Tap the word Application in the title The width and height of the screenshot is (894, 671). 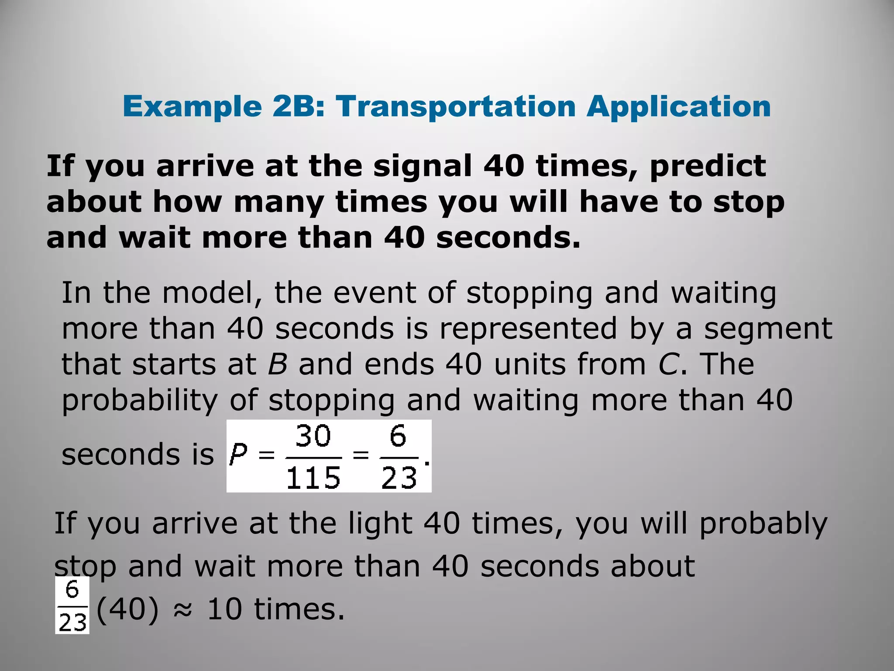678,107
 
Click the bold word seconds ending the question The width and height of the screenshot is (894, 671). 508,238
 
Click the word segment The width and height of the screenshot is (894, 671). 768,329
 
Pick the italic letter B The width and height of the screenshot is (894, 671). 278,364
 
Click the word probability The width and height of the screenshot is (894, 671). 139,401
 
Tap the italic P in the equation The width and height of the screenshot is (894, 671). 239,455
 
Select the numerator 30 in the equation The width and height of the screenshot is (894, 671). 313,436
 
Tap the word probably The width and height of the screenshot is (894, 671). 763,523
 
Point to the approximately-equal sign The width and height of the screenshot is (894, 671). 182,610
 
